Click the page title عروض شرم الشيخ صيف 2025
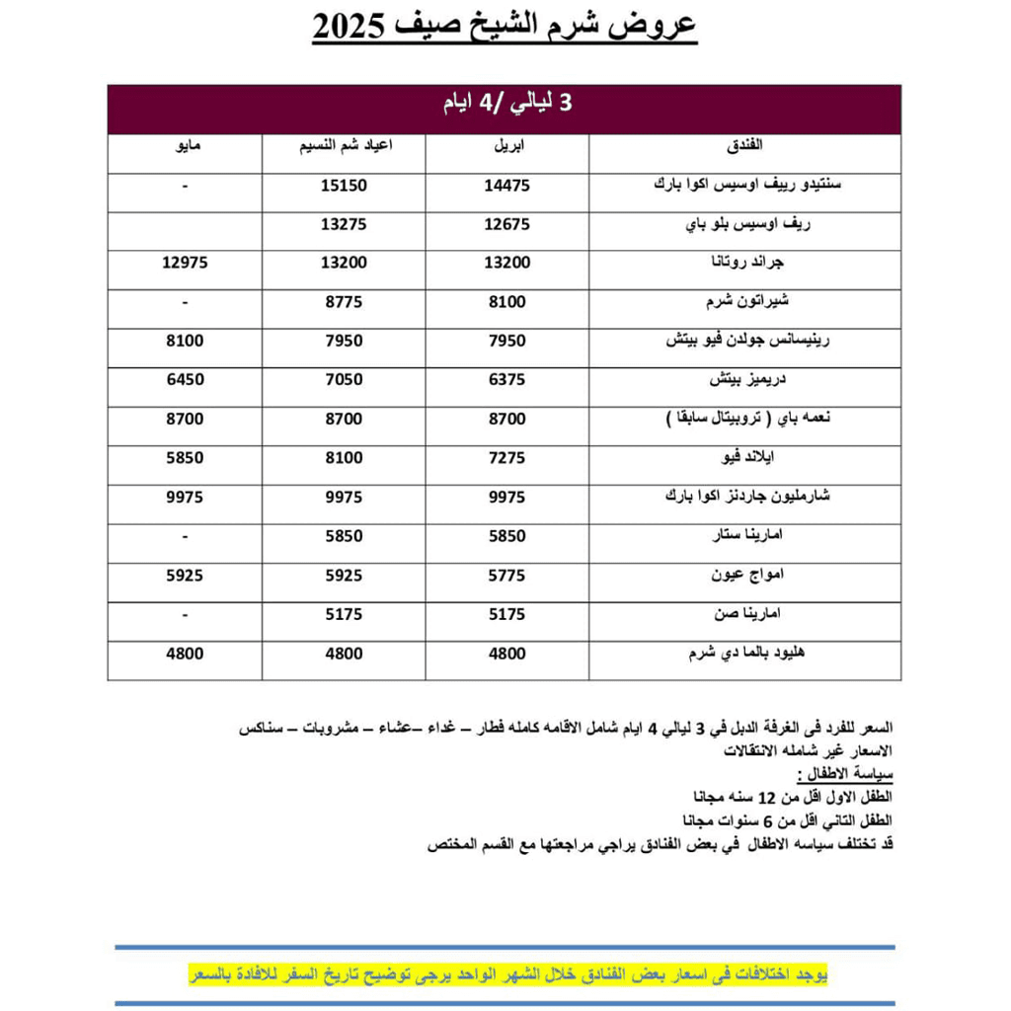[505, 27]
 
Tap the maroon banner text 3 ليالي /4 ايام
[505, 105]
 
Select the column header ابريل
[507, 147]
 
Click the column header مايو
[185, 147]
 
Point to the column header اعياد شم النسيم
[344, 147]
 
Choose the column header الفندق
[744, 147]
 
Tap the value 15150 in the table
[344, 186]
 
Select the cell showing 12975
[185, 263]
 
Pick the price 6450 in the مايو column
[185, 380]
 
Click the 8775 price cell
[344, 302]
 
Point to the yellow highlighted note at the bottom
[507, 975]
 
